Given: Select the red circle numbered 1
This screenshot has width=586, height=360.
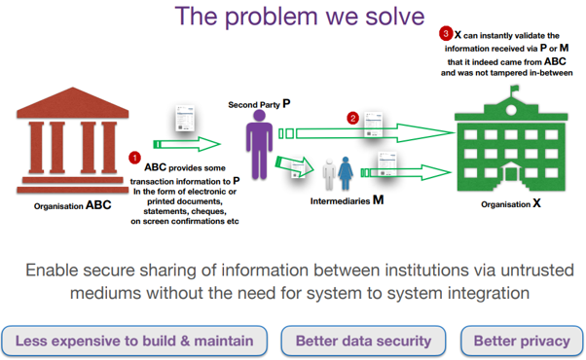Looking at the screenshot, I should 135,158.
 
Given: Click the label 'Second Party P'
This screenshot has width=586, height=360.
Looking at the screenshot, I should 258,102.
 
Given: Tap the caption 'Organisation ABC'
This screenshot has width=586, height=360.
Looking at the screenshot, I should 72,205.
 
